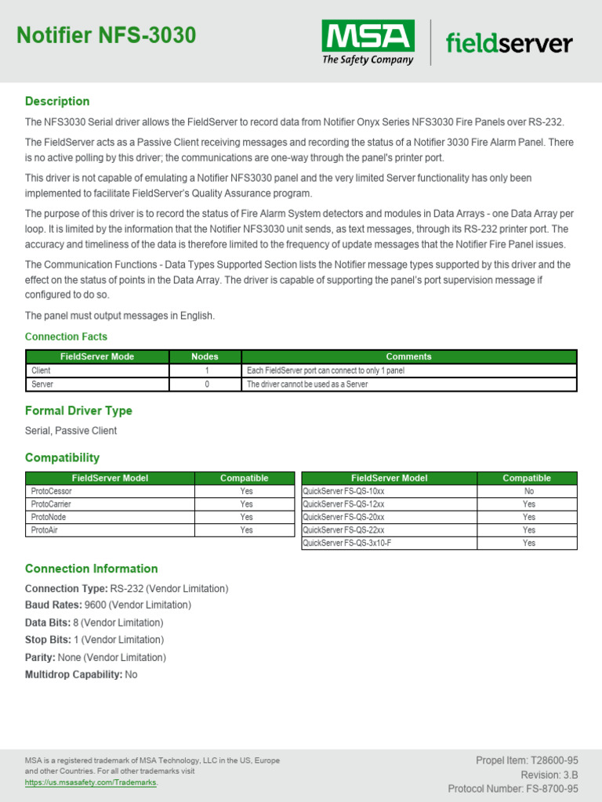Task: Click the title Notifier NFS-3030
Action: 107,35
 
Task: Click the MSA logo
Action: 368,42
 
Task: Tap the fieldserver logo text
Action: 509,43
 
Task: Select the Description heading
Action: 57,101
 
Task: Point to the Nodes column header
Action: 205,356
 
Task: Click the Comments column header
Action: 408,356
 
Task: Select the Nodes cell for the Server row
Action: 206,385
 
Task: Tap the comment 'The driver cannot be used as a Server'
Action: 307,385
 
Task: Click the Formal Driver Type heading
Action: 78,410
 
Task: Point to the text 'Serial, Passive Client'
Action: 71,431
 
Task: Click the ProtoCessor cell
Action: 52,491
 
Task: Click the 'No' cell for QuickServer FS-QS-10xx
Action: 528,491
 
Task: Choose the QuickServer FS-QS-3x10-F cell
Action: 346,543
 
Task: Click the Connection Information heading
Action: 91,569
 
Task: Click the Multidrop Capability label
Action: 73,674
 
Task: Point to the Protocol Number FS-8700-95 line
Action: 513,789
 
